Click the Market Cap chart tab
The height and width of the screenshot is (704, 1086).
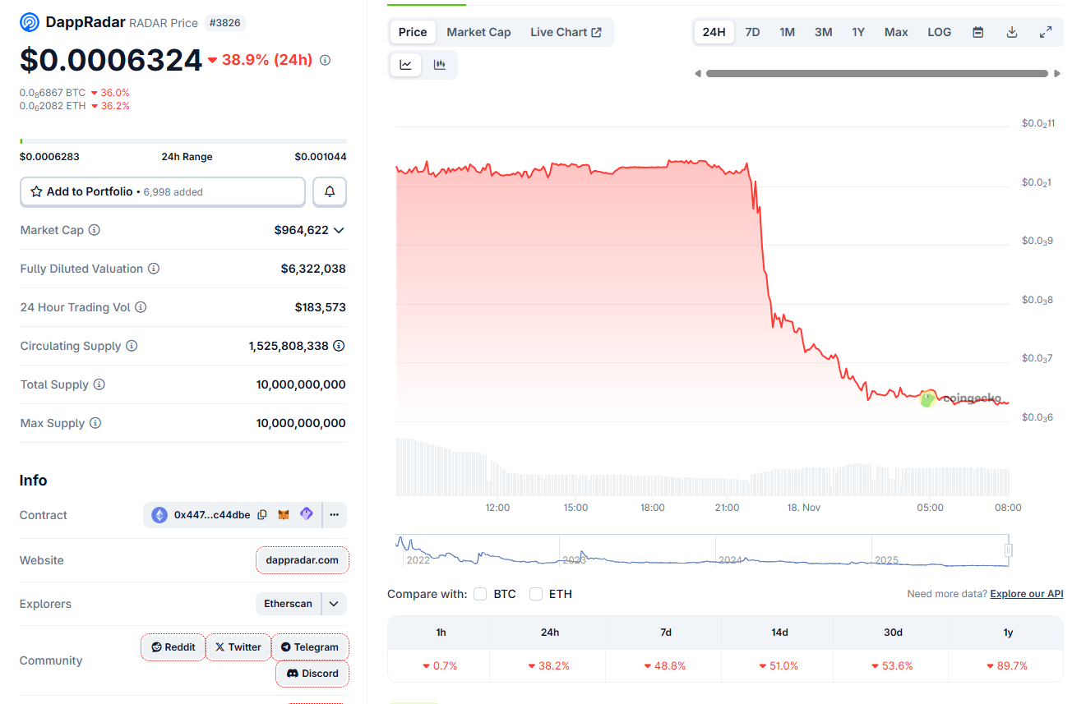click(478, 32)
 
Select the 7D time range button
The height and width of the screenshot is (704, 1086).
click(752, 32)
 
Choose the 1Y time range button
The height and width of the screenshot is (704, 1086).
click(858, 32)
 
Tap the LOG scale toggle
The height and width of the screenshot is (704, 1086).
click(939, 32)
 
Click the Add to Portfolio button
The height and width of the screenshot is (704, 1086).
click(163, 191)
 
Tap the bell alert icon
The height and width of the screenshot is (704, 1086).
click(330, 191)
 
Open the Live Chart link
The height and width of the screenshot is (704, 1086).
click(566, 32)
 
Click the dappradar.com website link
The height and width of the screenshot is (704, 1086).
click(302, 560)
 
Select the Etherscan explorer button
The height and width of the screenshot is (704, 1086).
click(288, 604)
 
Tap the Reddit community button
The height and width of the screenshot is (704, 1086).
click(173, 647)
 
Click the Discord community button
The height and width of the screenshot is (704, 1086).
click(312, 674)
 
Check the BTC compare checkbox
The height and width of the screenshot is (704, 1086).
click(481, 594)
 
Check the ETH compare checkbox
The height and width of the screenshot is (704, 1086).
click(536, 594)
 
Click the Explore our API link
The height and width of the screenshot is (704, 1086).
click(1026, 594)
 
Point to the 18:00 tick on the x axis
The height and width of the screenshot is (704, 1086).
click(653, 508)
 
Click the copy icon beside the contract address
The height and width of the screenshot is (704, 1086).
click(262, 515)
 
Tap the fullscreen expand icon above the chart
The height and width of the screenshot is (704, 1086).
click(1046, 32)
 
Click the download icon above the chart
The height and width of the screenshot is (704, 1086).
click(1012, 32)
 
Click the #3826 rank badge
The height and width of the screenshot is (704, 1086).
click(224, 23)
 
